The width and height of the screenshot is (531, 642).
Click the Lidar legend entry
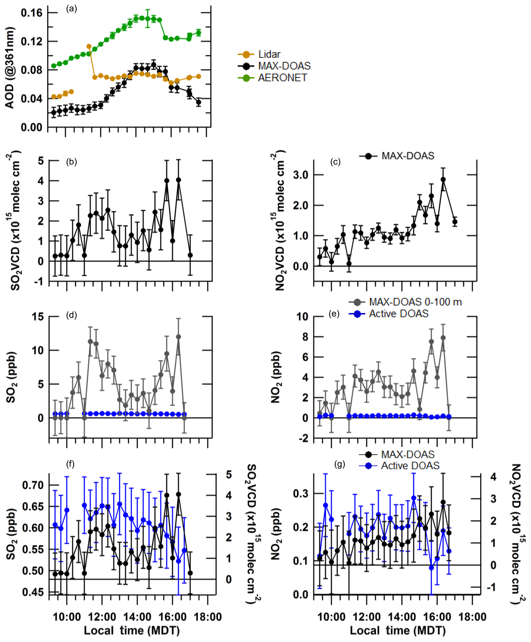tap(269, 54)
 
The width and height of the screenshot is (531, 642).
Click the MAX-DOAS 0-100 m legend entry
tap(415, 302)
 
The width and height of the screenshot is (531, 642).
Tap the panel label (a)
tap(71, 9)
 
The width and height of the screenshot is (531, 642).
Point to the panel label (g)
tap(340, 464)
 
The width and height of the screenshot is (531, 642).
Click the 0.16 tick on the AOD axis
tap(32, 13)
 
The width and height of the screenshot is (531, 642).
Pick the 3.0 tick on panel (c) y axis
tap(301, 175)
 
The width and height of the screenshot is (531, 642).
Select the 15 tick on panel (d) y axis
tap(38, 316)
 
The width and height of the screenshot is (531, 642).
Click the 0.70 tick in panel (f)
tap(33, 485)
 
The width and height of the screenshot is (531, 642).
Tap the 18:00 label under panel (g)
tap(472, 617)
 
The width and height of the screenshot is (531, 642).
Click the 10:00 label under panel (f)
tap(67, 617)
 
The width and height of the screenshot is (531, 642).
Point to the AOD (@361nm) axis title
tap(10, 68)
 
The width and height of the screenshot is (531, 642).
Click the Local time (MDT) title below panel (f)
tap(132, 630)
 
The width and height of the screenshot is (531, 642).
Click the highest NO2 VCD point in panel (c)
tap(443, 180)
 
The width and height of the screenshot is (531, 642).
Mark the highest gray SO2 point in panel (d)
tap(178, 337)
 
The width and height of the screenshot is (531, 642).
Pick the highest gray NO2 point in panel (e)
tap(443, 338)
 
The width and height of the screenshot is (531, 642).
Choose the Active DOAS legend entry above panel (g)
tap(410, 466)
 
